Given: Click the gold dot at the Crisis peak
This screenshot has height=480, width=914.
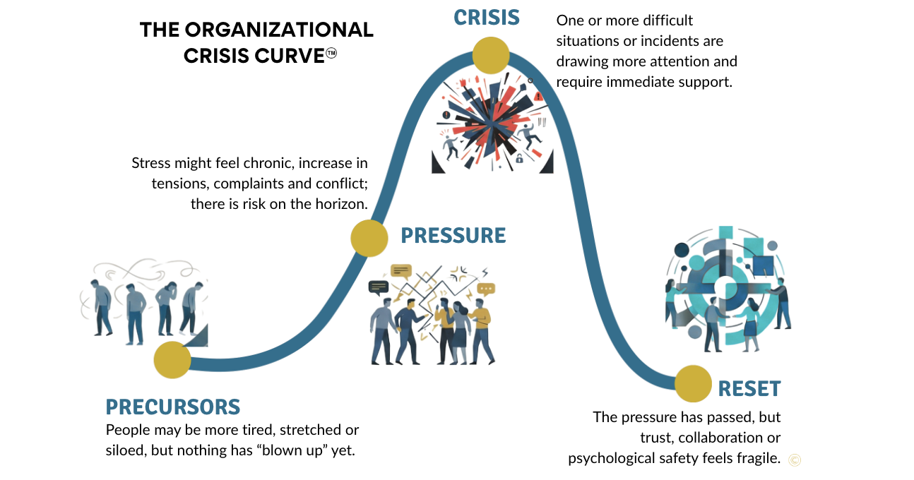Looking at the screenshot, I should (x=490, y=55).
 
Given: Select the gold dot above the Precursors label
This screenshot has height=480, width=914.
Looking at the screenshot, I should (x=172, y=360).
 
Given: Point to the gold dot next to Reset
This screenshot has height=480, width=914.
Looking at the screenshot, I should (x=693, y=383).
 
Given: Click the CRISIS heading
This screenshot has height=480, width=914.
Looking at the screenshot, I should (x=487, y=17).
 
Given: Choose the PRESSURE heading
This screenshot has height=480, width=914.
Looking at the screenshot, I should (x=453, y=236).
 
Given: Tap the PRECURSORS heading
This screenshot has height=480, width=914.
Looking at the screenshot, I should (x=173, y=407).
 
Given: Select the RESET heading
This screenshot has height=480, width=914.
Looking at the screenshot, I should (x=749, y=389).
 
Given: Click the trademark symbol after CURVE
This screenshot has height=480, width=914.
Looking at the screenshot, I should (x=331, y=54).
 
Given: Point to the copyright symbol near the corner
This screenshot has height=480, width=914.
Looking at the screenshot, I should (x=795, y=460).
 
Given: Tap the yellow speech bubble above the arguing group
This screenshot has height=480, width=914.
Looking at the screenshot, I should (x=401, y=270).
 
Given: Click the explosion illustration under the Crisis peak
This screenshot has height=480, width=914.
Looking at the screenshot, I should (x=491, y=126).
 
